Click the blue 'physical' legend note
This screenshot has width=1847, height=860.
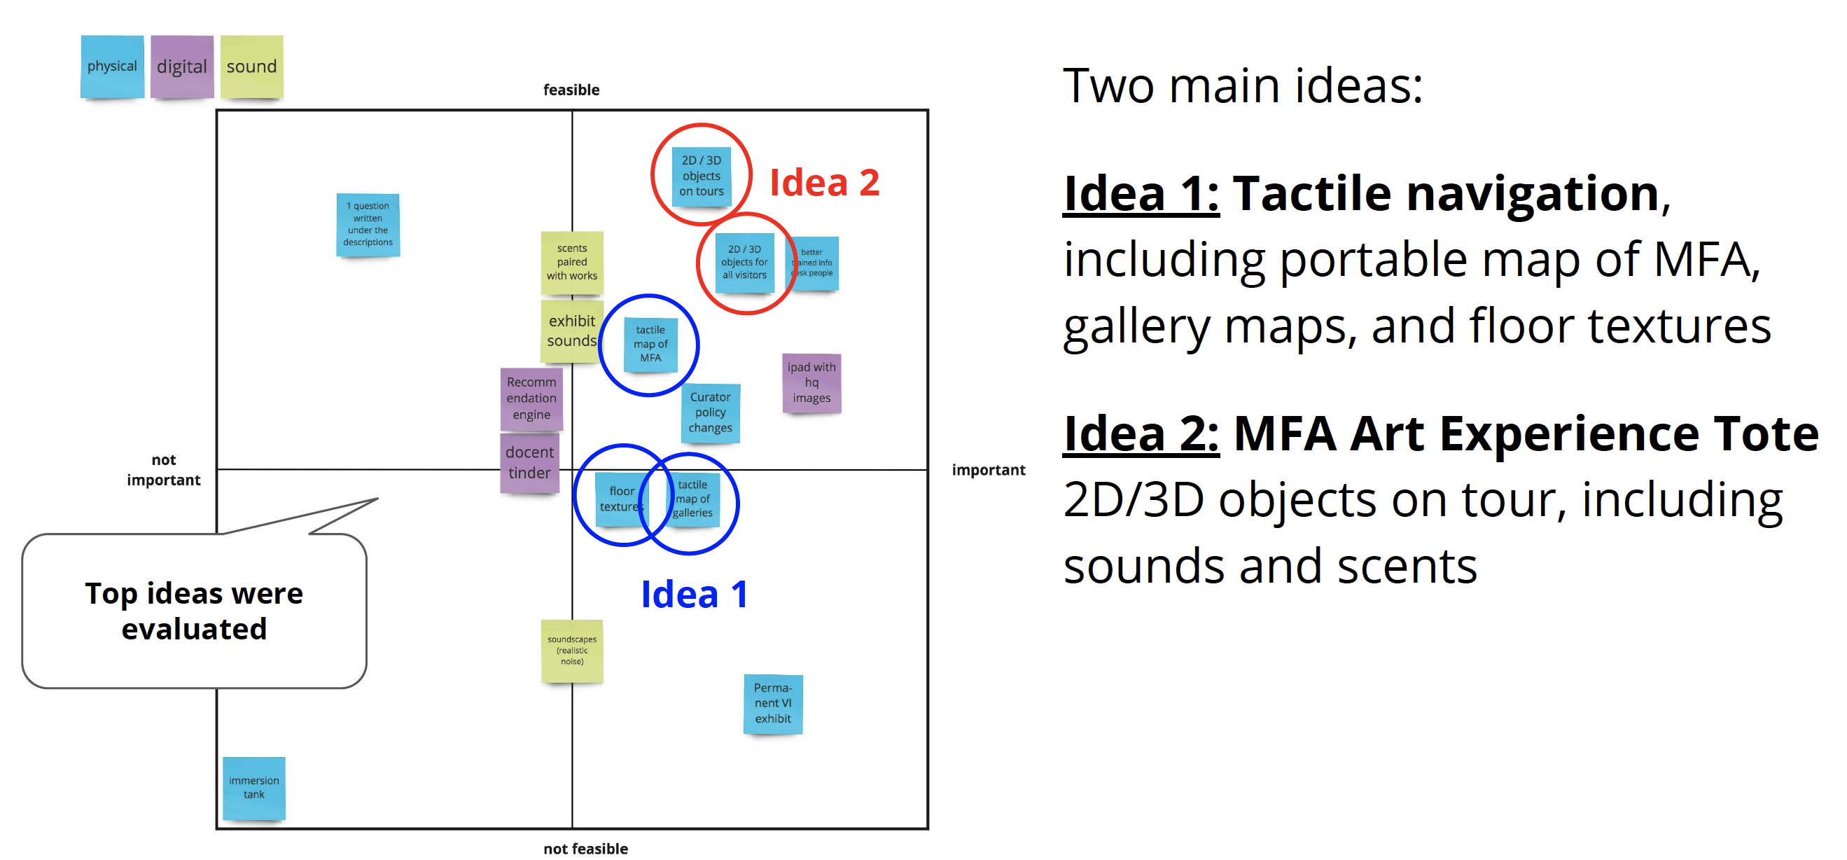112,66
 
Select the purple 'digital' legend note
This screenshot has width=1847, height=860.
181,66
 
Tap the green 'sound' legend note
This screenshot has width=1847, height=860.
251,66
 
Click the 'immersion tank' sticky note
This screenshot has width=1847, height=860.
254,788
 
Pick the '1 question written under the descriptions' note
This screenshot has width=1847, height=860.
368,224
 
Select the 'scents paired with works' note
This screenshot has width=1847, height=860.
571,262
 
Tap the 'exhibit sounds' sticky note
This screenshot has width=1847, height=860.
571,331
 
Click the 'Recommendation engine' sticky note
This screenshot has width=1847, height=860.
531,398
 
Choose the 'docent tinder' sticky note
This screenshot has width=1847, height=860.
529,463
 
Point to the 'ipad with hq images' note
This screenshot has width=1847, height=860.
811,382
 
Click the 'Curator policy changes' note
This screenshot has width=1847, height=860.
710,412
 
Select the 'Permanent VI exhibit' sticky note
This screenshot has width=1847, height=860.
772,703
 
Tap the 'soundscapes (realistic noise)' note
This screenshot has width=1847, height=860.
571,650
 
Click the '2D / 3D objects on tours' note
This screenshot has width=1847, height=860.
702,176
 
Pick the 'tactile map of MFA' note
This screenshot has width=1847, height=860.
650,345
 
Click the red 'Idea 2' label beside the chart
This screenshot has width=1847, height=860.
824,182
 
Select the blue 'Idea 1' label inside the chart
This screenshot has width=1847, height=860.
694,594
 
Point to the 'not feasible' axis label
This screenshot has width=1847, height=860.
585,849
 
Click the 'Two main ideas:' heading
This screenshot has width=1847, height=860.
1242,85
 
